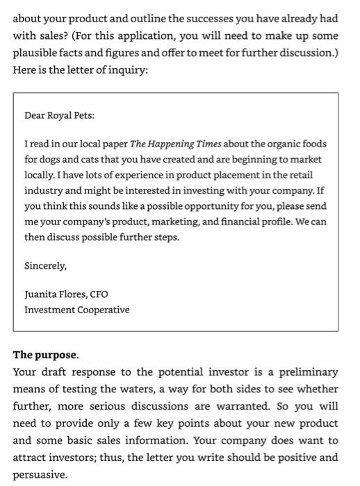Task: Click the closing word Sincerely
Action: (46, 266)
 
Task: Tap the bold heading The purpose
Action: (46, 355)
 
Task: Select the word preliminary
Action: (307, 372)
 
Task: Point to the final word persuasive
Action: (40, 475)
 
